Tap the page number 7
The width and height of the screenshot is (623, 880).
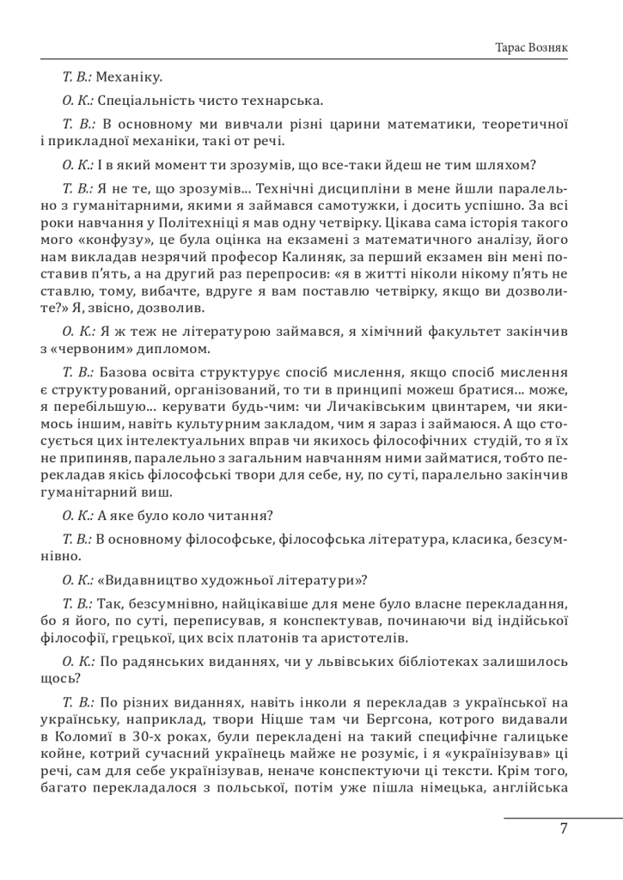click(x=563, y=830)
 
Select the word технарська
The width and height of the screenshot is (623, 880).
click(x=281, y=101)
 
